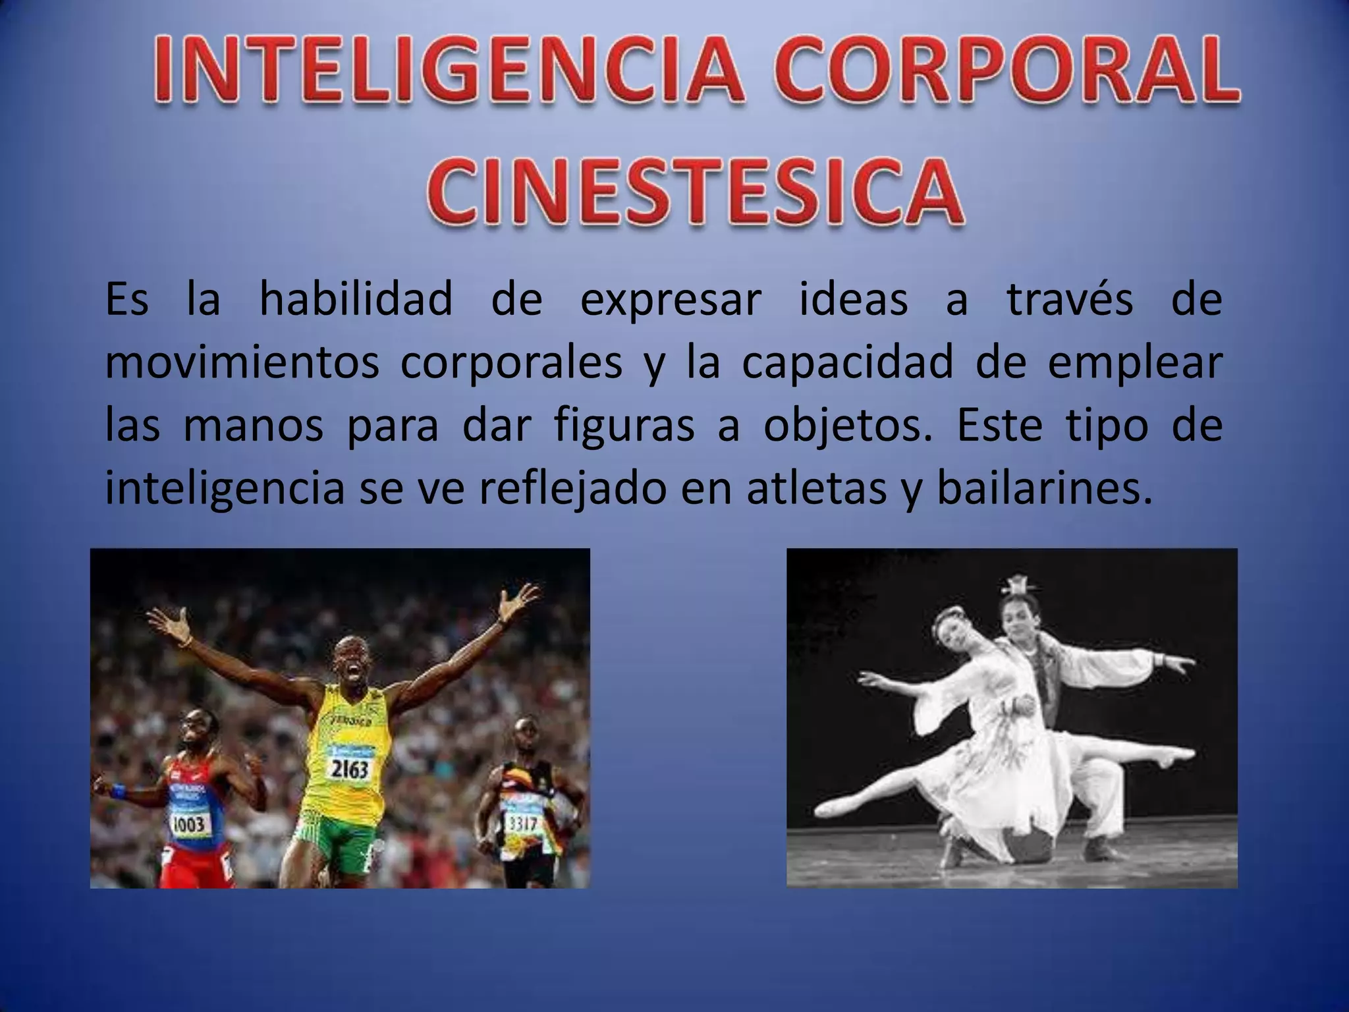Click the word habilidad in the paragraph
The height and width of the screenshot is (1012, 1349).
(356, 300)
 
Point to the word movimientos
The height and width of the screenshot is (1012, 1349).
(242, 364)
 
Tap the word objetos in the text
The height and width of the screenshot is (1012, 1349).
(848, 427)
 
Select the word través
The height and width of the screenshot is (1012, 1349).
(1070, 300)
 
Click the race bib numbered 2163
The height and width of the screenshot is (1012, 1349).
(349, 768)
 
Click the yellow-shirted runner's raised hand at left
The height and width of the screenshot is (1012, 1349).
(168, 623)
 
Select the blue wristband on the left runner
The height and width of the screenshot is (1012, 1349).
(118, 791)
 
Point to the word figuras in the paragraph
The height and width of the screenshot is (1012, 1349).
(624, 427)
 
